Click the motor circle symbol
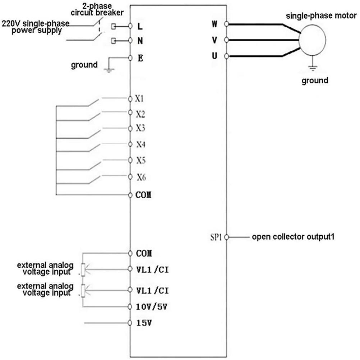click(312, 40)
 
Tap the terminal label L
click(140, 26)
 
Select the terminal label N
click(140, 41)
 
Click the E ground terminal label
click(140, 58)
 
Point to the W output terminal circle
click(226, 24)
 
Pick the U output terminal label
click(214, 56)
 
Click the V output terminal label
click(214, 40)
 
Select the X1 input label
click(139, 99)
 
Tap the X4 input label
click(141, 144)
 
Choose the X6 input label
click(142, 177)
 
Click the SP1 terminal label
click(216, 237)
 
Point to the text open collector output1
click(293, 237)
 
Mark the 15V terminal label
click(144, 323)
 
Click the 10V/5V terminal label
click(152, 307)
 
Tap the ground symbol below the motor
click(313, 68)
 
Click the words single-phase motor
click(321, 16)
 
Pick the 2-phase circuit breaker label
click(97, 9)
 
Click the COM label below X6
click(143, 195)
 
